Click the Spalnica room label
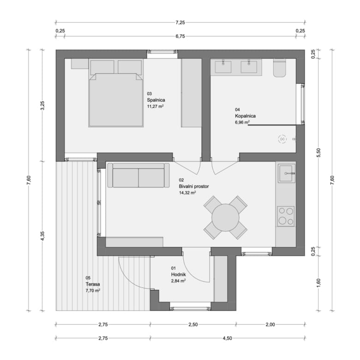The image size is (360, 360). [156, 100]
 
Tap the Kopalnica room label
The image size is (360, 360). [245, 116]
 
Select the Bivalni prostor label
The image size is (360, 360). [194, 186]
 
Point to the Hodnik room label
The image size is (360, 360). [179, 275]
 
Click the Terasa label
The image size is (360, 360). [93, 284]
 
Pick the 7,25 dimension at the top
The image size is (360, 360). [180, 23]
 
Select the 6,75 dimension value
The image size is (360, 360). [180, 36]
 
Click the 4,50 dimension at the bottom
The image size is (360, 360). [227, 338]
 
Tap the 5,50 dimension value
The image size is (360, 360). [318, 153]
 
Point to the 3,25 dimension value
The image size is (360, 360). [42, 106]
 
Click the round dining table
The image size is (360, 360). [225, 218]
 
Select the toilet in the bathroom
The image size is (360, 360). [279, 68]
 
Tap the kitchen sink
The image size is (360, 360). [287, 174]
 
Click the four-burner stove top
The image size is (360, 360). [286, 216]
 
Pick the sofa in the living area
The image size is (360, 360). [138, 175]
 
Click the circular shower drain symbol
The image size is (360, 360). [282, 139]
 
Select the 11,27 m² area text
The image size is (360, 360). [156, 106]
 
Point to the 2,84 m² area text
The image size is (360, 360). [179, 281]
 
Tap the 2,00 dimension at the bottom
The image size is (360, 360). [270, 324]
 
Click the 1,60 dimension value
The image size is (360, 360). [318, 283]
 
